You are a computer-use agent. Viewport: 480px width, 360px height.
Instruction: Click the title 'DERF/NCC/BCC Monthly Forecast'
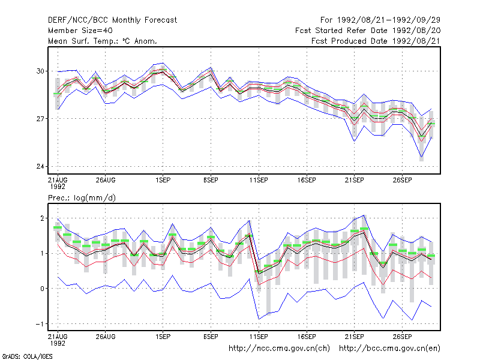tap(112, 20)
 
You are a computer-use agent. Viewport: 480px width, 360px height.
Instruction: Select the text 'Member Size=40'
tap(80, 31)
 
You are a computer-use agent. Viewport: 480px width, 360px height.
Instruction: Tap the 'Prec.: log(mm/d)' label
tap(82, 198)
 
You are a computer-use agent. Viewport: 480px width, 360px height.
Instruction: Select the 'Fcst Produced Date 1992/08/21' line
tap(376, 41)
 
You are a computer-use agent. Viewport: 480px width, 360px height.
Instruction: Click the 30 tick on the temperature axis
tap(40, 71)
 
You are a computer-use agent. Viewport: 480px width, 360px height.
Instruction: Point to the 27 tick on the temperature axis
tap(40, 119)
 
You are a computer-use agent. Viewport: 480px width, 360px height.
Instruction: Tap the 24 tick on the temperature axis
tap(40, 167)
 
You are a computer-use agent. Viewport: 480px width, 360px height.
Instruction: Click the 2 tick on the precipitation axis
tap(42, 218)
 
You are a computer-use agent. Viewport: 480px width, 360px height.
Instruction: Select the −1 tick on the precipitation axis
tap(40, 324)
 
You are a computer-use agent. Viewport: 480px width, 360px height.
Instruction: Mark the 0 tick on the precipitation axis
tap(42, 289)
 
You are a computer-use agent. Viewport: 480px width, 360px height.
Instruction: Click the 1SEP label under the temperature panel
tap(163, 181)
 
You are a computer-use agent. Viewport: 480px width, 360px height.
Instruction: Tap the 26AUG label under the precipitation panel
tap(106, 337)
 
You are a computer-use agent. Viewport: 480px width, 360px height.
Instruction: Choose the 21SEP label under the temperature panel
tap(355, 181)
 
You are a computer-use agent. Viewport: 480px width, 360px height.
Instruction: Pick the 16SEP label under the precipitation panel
tap(307, 337)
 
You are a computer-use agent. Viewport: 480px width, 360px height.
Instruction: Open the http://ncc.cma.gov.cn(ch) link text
tap(279, 349)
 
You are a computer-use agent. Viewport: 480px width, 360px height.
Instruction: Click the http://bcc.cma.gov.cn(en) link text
tap(389, 349)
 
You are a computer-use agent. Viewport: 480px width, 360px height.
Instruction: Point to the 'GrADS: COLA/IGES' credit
tap(27, 356)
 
